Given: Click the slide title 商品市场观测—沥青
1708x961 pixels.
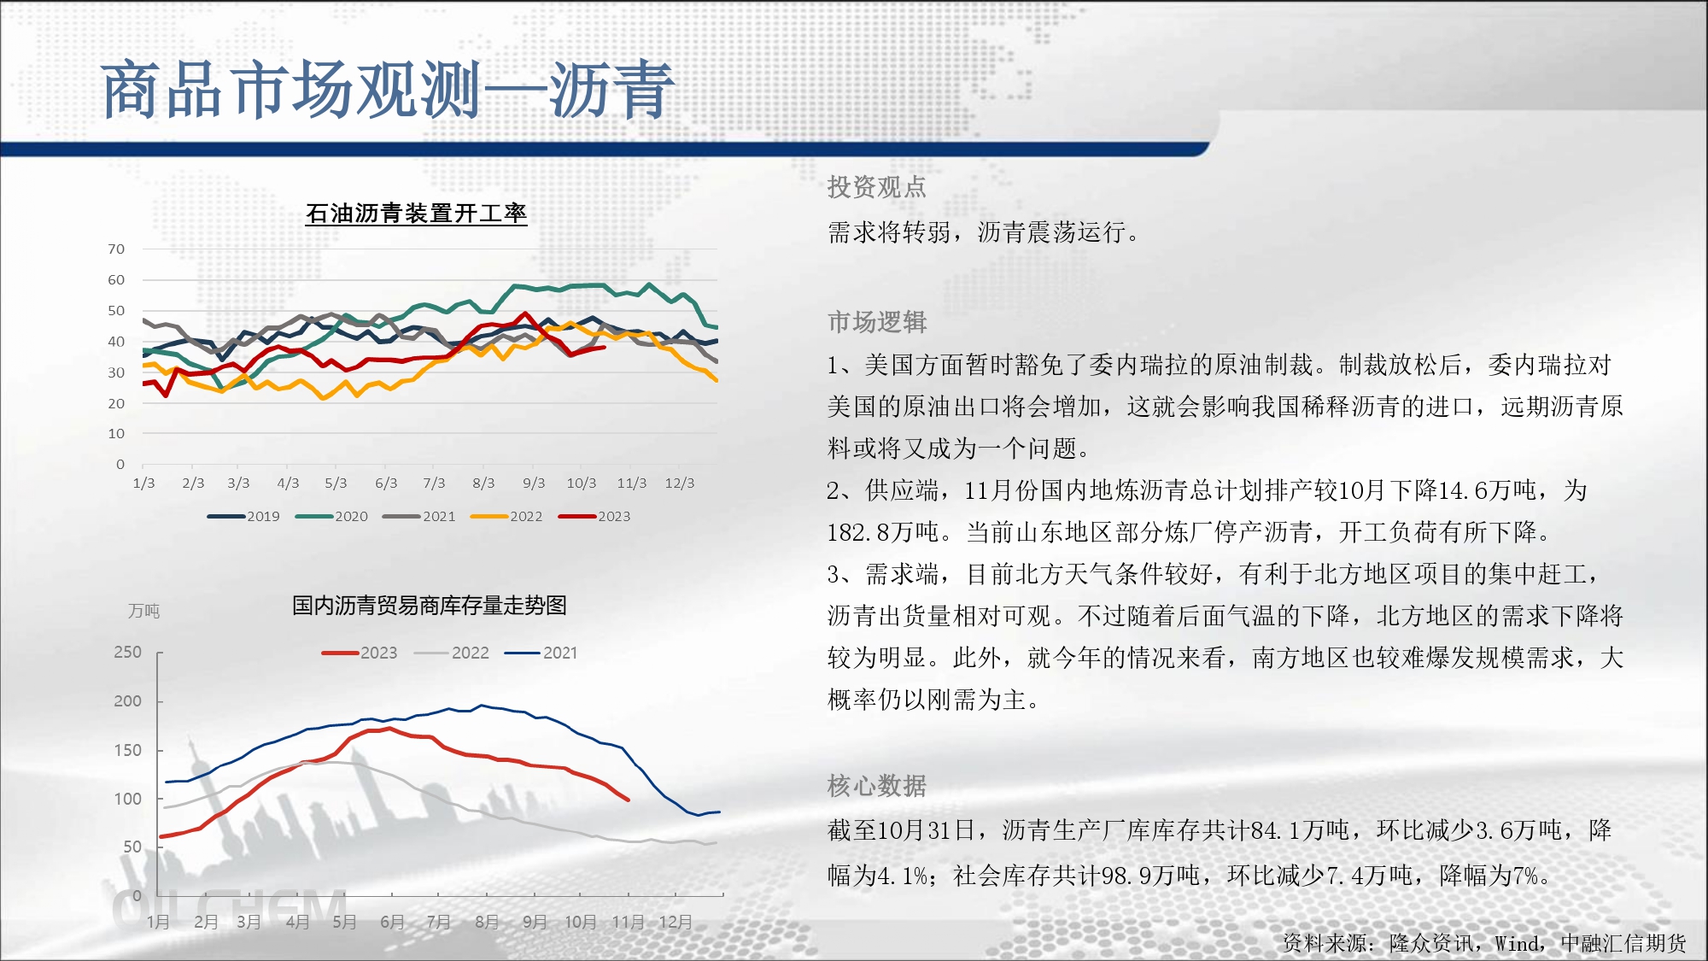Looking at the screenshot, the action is coord(388,90).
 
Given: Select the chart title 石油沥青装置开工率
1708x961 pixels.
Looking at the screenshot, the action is coord(416,213).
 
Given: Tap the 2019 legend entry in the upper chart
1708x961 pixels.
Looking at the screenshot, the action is coord(243,516).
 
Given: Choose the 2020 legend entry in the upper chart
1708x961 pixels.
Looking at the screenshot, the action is coord(331,516).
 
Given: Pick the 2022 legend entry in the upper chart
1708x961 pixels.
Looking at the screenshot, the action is coord(506,516).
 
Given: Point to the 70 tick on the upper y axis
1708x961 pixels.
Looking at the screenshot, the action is coord(116,249).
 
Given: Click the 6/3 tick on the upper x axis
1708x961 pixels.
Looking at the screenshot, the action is coord(386,483).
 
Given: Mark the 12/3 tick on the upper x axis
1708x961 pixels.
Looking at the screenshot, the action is coord(680,483).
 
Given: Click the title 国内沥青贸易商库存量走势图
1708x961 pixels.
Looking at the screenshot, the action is coord(430,606).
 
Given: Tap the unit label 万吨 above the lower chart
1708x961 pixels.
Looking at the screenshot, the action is coord(144,611).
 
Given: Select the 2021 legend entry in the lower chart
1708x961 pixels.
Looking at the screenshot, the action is coord(541,653).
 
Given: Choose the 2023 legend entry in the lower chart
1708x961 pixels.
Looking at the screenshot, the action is coord(360,653).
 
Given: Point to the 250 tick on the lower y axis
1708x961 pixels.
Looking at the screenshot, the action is coord(128,652).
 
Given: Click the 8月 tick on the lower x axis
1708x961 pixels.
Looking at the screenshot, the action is coord(487,922).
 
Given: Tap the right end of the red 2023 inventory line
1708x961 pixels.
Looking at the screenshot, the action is coord(629,800).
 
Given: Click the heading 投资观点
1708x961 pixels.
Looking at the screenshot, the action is coord(877,187).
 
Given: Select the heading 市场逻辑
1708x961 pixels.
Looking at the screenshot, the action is coord(877,322).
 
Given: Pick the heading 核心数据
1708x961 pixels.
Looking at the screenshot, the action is coord(877,786).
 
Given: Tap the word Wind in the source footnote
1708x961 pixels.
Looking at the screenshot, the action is coord(1518,943).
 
